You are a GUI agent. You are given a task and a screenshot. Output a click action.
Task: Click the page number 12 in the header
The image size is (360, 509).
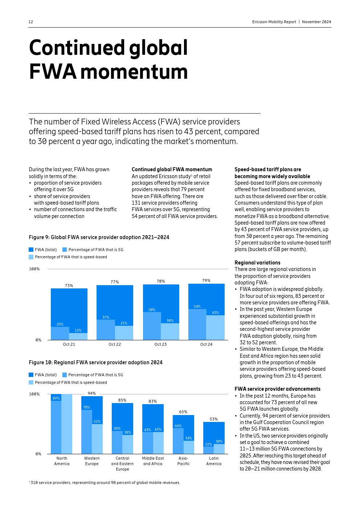click(x=31, y=22)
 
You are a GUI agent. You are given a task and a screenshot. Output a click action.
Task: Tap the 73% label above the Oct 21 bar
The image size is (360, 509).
click(x=69, y=286)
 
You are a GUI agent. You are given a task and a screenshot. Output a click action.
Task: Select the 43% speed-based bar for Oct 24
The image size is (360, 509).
click(x=215, y=327)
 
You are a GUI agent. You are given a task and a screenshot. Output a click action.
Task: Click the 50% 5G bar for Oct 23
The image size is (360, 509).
click(x=152, y=326)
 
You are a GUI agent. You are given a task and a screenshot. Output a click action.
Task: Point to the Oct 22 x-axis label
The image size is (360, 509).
click(x=115, y=344)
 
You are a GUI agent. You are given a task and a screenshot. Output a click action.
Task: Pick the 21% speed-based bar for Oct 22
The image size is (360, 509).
click(x=124, y=333)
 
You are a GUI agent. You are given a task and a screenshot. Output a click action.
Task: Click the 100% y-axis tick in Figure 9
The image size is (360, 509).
click(x=34, y=269)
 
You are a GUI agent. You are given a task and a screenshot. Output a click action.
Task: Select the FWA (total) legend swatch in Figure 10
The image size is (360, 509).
click(x=31, y=375)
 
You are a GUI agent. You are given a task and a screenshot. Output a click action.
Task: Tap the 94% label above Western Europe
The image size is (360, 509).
click(x=92, y=393)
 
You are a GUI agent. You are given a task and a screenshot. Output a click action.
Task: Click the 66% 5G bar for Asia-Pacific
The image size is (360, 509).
click(x=178, y=441)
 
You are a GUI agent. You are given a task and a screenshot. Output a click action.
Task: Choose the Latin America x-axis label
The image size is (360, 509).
click(x=214, y=461)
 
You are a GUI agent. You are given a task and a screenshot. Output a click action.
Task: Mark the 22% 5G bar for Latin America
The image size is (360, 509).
click(x=208, y=450)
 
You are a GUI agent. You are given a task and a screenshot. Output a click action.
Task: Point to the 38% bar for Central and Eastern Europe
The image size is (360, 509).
click(x=128, y=444)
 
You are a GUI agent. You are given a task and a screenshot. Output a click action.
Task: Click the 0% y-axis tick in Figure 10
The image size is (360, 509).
click(x=38, y=454)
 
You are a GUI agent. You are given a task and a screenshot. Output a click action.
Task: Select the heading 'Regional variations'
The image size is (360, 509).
click(x=257, y=263)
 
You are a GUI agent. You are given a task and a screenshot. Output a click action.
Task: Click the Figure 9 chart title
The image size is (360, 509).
click(x=99, y=237)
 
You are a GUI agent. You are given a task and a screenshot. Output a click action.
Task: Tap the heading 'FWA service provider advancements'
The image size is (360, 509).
click(x=277, y=389)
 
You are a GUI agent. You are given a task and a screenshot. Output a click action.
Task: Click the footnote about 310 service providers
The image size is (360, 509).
click(x=105, y=483)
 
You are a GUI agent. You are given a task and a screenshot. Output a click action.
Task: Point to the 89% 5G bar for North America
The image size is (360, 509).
click(x=56, y=427)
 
